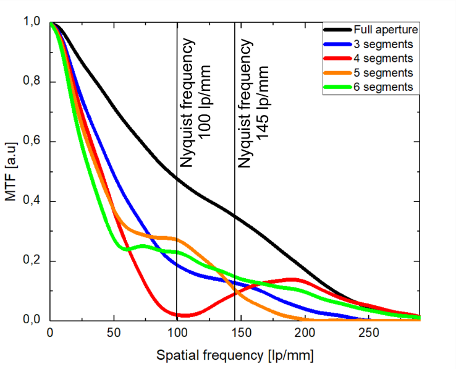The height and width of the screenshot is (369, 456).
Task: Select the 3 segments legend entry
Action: tap(383, 45)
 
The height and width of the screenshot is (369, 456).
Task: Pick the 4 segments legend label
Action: tap(383, 59)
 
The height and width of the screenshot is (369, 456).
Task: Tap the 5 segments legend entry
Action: tap(383, 73)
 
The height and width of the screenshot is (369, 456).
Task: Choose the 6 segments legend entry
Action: tap(383, 87)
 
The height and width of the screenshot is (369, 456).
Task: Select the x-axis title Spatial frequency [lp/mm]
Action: tap(235, 357)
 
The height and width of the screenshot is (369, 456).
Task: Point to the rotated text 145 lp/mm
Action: tap(262, 99)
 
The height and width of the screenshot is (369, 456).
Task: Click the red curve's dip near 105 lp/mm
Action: tap(185, 315)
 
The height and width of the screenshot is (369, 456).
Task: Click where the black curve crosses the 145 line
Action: tap(235, 216)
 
